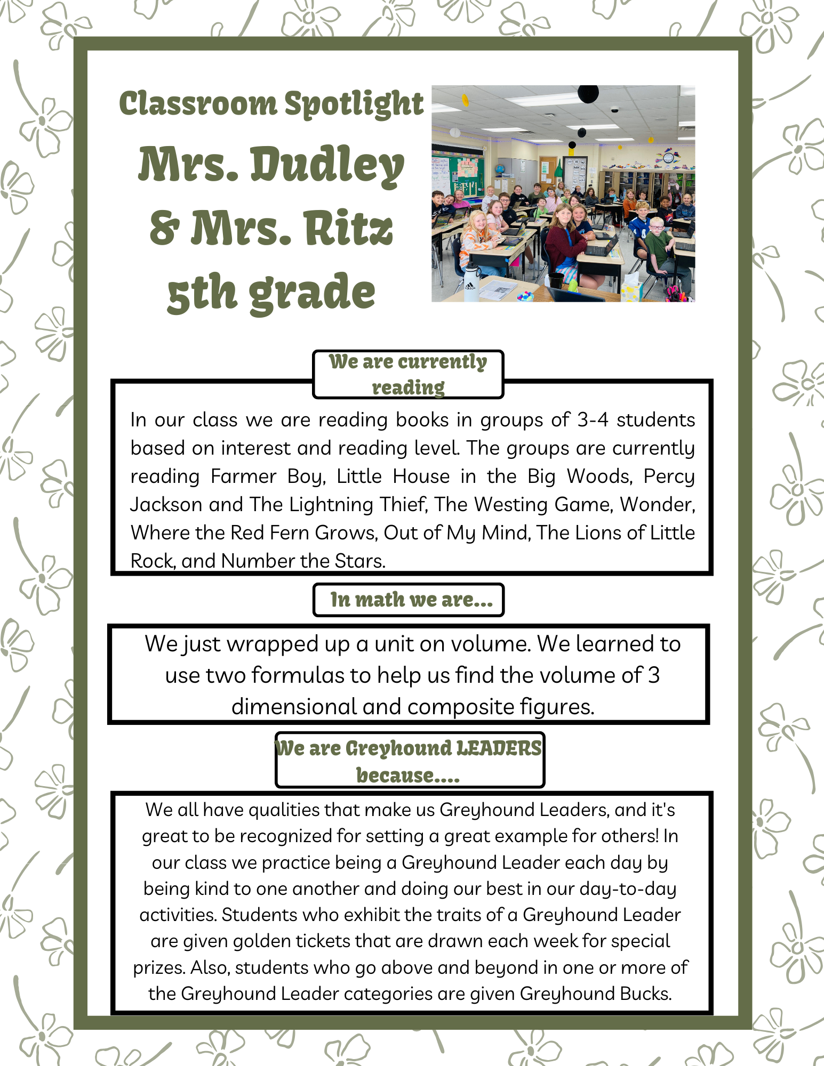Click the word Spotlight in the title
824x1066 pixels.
[x=354, y=103]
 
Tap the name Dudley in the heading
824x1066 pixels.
[x=327, y=166]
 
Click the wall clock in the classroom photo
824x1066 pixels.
[x=667, y=158]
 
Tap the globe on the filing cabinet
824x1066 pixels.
[x=499, y=169]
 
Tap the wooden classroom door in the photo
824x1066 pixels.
[x=547, y=171]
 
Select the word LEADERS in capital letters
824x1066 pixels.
[x=499, y=748]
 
